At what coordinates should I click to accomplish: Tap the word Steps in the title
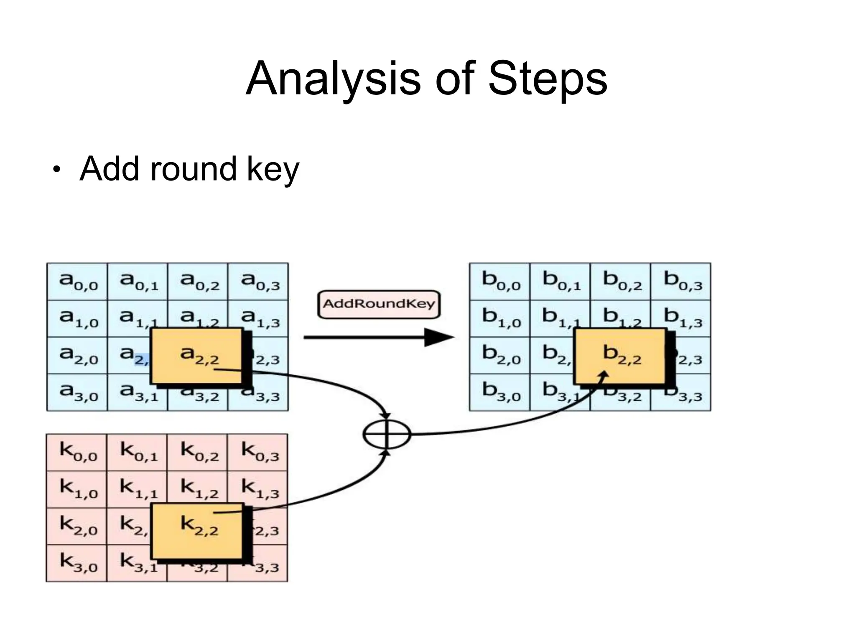coord(548,79)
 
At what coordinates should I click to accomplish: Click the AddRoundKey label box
coord(379,304)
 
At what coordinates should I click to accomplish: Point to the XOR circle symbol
coord(387,434)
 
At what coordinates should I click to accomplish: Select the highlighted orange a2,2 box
coord(196,356)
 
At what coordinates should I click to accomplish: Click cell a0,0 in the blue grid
coord(77,281)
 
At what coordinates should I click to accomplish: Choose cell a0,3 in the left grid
coord(258,281)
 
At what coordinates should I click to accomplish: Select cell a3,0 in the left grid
coord(77,392)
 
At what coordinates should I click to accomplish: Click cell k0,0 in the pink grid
coord(77,453)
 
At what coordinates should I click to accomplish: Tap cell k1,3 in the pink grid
coord(258,489)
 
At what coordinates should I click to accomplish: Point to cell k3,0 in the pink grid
coord(77,563)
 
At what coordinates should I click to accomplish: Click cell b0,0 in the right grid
coord(500,281)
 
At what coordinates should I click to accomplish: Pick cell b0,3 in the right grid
coord(681,281)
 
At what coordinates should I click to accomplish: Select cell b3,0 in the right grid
coord(500,392)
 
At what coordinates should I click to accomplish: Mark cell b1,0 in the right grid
coord(500,318)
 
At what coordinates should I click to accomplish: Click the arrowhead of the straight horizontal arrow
coord(439,337)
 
